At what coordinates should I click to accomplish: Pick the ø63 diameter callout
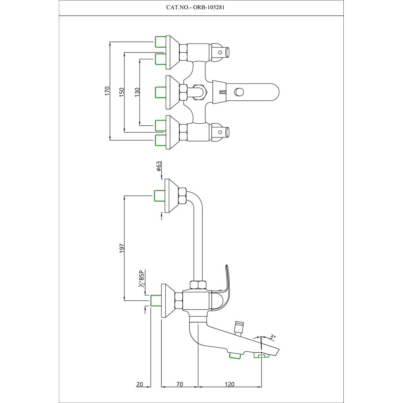pos(159,166)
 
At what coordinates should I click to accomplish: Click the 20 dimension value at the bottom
pos(140,384)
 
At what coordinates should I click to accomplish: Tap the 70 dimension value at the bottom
pos(179,384)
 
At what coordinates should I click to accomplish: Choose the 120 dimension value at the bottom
pos(229,384)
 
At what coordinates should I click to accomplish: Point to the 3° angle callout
pos(274,336)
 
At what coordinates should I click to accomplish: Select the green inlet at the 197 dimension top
pos(160,196)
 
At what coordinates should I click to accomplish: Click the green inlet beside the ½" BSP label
pos(155,301)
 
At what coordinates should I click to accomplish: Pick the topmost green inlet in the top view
pos(160,42)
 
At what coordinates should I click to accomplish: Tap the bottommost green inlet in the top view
pos(160,140)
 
